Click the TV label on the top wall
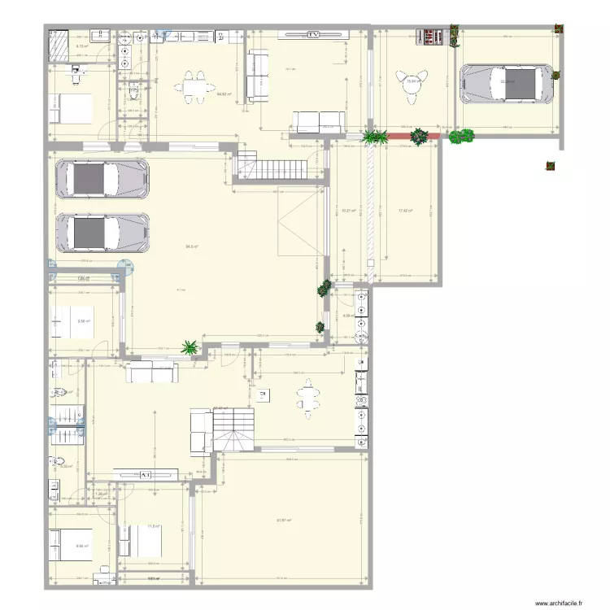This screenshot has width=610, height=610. (313, 35)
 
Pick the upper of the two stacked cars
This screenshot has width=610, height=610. (102, 178)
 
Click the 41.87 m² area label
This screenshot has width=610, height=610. (284, 521)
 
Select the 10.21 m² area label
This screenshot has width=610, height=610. (349, 211)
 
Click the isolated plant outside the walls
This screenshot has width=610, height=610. (551, 167)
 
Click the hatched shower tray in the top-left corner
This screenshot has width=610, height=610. (59, 45)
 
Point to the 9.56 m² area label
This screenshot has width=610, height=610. (83, 321)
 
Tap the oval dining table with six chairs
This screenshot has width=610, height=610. (307, 399)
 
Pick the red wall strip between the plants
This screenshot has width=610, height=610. (399, 137)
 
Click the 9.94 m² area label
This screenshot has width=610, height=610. (81, 547)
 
